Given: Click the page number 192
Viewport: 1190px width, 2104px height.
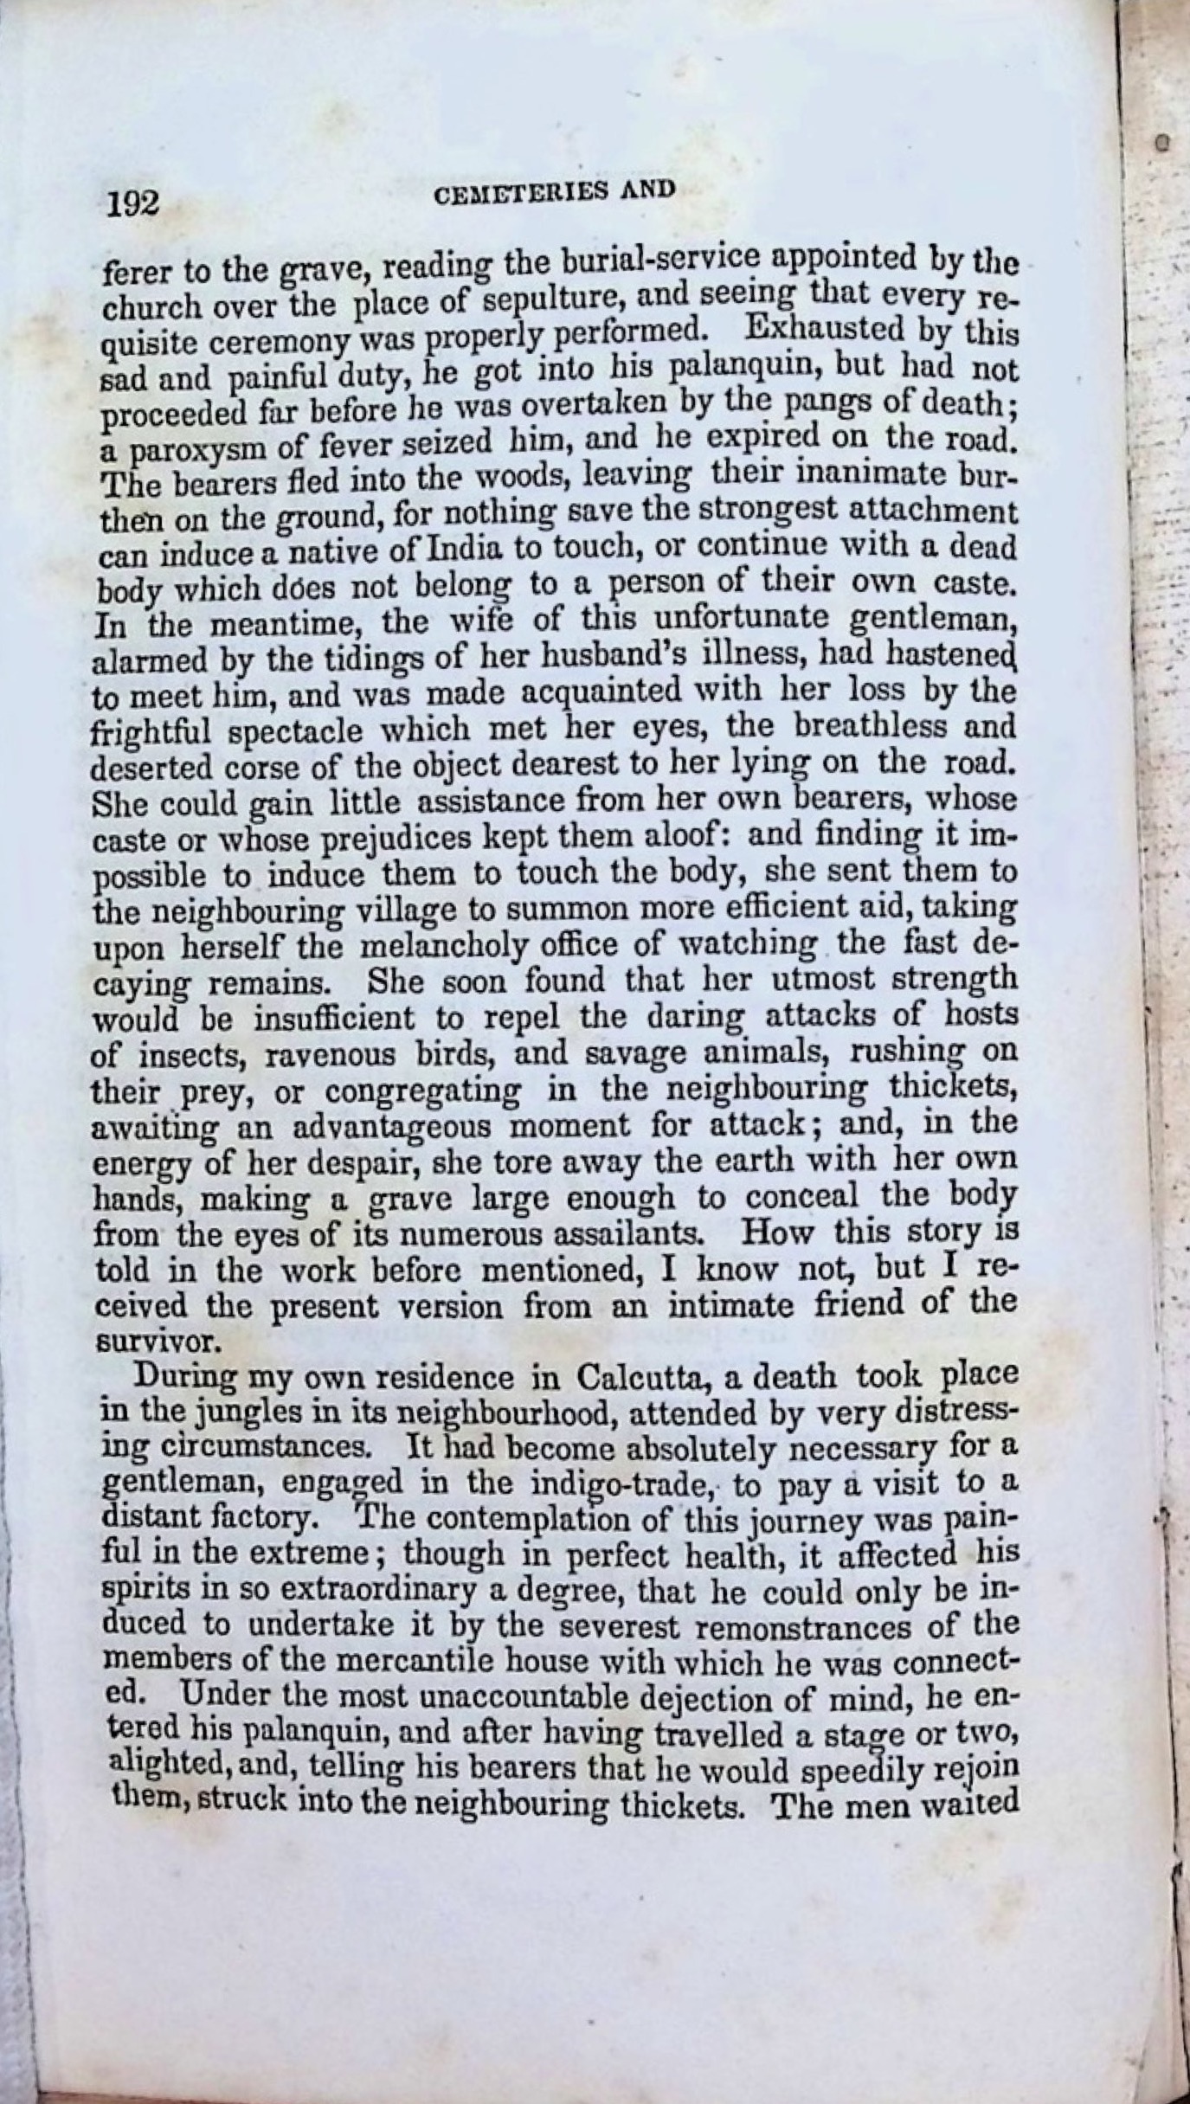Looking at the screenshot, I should [133, 203].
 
